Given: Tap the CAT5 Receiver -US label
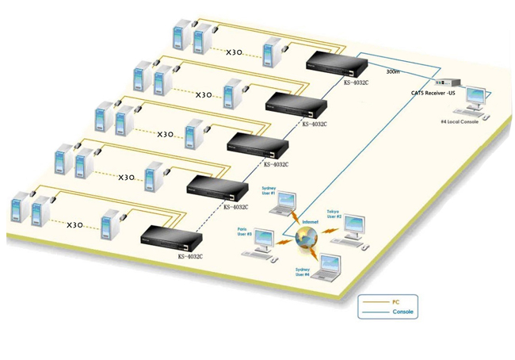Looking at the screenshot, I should [434, 93].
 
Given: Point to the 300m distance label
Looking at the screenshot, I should [393, 71].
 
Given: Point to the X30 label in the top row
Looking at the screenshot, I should [234, 52].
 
